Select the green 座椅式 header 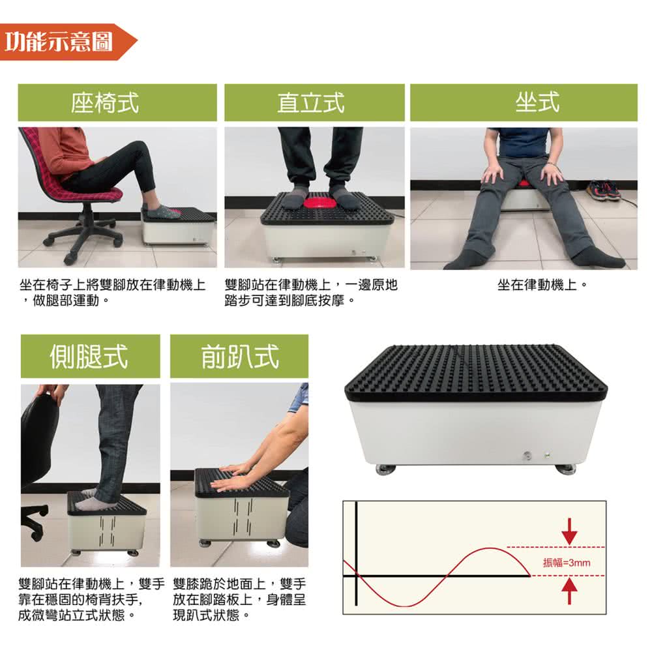pos(117,103)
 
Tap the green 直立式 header pos(314,103)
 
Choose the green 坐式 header pos(524,103)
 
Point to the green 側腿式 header pos(90,357)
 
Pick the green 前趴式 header pos(239,357)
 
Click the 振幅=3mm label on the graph pos(567,563)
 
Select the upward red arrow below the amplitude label pos(569,591)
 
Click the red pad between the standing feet pos(319,203)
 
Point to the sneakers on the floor pos(603,190)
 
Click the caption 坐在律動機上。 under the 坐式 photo pos(542,285)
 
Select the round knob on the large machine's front pos(527,455)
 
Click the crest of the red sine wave pos(491,549)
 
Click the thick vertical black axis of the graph pos(356,554)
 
